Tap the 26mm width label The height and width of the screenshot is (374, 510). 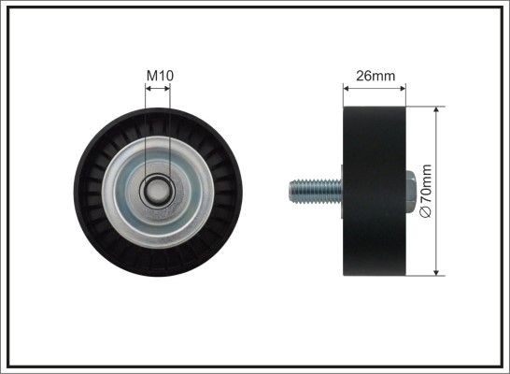(375, 76)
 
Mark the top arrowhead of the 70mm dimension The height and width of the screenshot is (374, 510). (438, 110)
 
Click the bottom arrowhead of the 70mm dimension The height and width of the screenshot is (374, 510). (438, 272)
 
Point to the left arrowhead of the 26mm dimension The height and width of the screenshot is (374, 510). (347, 89)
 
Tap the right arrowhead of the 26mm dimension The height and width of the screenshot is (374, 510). (404, 89)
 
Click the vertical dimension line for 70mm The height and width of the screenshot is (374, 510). (438, 150)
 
